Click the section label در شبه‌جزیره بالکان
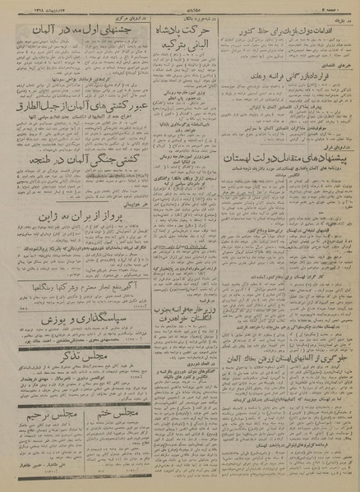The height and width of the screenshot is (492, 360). coord(179,16)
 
